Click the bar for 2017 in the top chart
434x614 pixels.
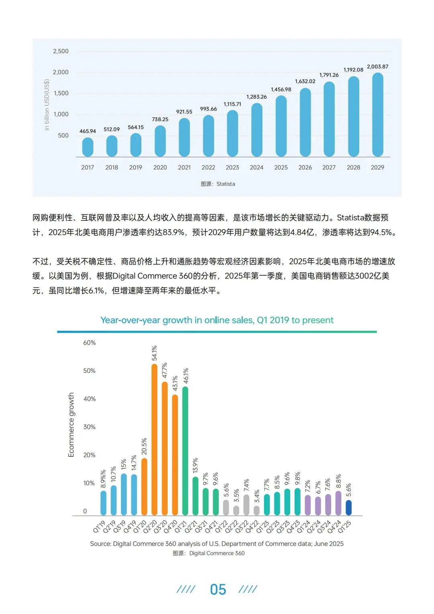pos(88,147)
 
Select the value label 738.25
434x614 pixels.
pos(160,119)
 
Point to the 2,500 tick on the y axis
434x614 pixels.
pos(61,51)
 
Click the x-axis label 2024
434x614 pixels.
pos(256,168)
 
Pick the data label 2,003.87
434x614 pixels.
pos(377,67)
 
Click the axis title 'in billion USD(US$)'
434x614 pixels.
pos(47,105)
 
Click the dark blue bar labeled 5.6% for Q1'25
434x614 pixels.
pos(348,507)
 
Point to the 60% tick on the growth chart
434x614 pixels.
pos(89,343)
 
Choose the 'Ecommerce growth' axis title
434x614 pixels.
pos(72,425)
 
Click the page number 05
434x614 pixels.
pos(218,589)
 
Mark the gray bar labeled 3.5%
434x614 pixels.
pos(236,510)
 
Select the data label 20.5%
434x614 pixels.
pos(144,446)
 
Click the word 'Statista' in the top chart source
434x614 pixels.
pos(225,184)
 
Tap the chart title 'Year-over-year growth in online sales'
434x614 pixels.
pos(217,320)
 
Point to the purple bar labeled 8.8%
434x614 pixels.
pos(338,503)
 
